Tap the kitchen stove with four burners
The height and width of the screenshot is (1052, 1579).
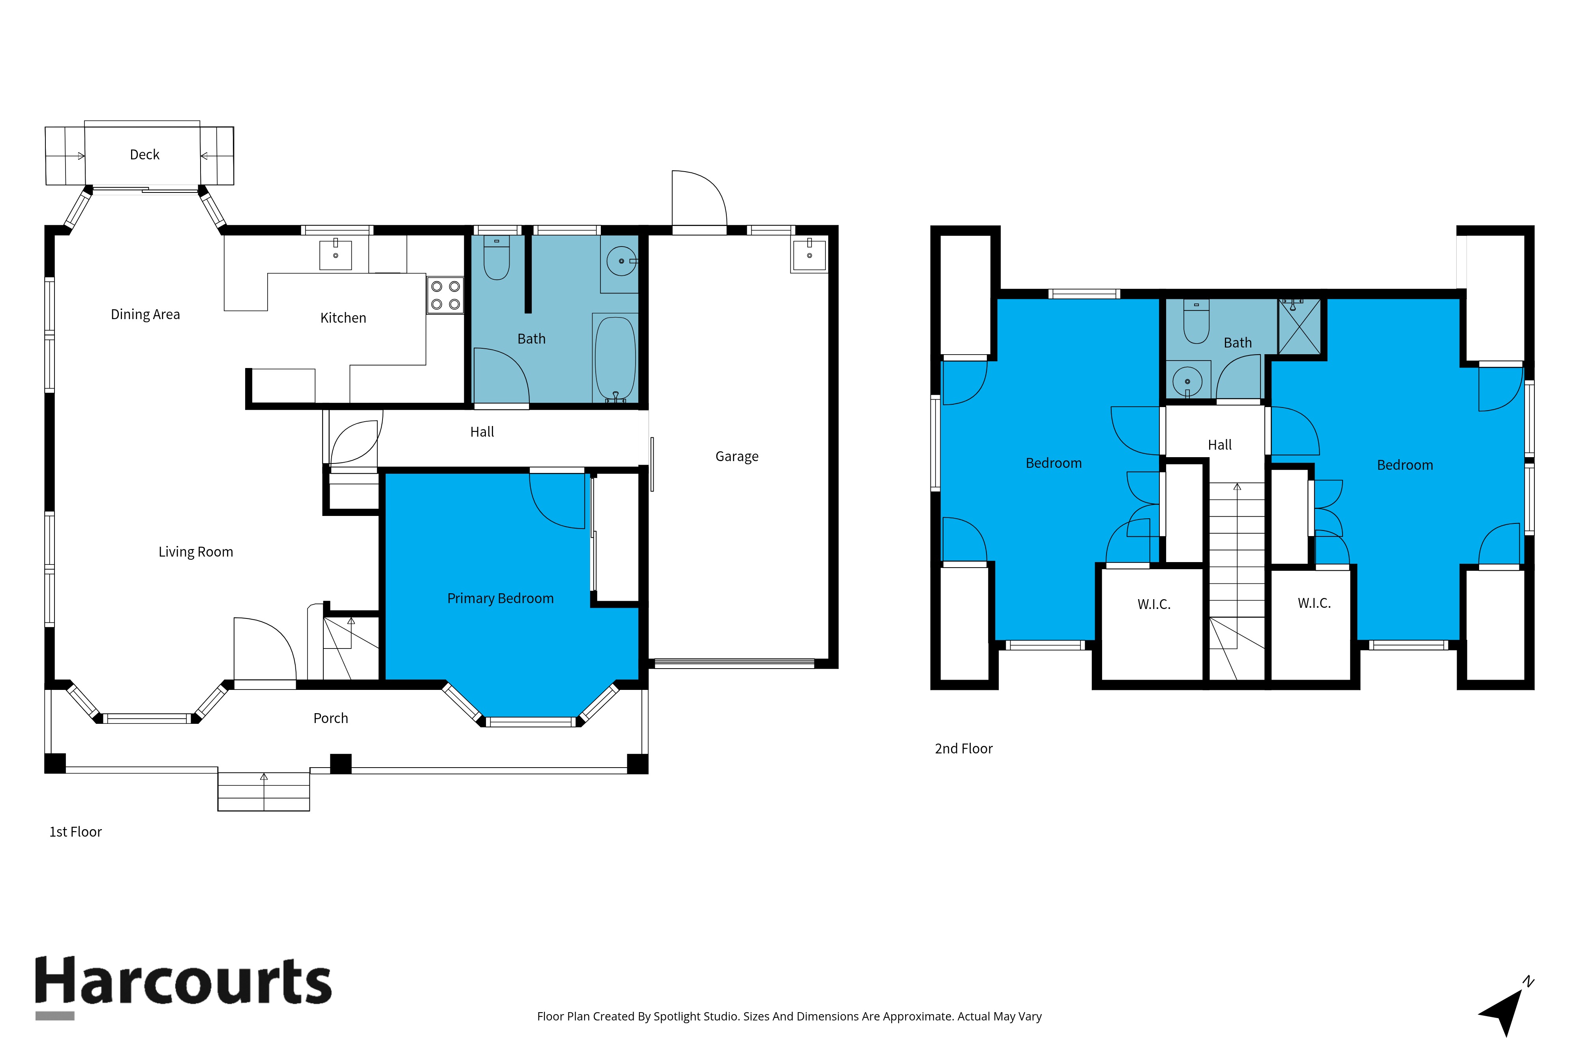coord(445,295)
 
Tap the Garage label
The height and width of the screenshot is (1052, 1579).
coord(737,456)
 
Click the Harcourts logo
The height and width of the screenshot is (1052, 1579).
coord(183,986)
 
